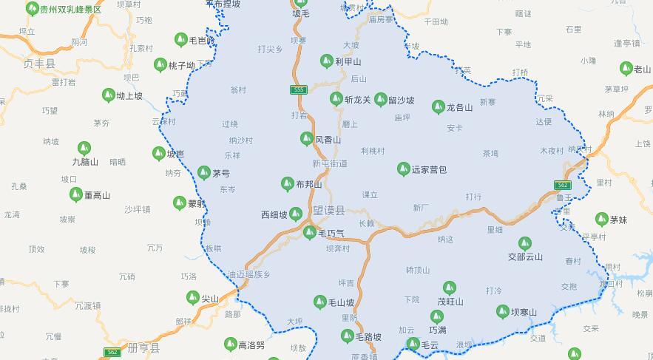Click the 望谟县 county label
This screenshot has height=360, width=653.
pos(329,211)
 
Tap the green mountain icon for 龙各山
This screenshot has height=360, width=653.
pos(438,107)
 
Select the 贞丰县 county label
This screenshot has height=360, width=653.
pos(39,64)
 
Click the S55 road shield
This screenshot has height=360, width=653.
pos(299,89)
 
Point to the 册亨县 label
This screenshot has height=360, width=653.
pos(143,347)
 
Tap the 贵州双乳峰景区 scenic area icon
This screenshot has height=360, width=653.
pos(32,9)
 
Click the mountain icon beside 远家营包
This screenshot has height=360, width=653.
pos(403,169)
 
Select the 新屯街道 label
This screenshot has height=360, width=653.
pos(330,163)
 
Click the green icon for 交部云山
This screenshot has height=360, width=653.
pos(524,243)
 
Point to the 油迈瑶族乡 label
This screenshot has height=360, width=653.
pos(249,274)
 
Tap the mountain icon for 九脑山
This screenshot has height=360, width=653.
pos(84,148)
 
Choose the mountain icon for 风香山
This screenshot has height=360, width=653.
pos(307,139)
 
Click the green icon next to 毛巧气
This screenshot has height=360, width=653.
pos(310,233)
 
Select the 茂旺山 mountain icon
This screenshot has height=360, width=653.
pos(449,288)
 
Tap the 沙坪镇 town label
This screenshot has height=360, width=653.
pos(138,209)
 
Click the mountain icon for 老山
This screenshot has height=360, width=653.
pos(626,69)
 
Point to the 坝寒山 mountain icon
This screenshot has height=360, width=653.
pos(503,312)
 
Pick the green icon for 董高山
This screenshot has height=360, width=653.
pos(75,195)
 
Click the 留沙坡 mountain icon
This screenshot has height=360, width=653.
pos(380,99)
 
